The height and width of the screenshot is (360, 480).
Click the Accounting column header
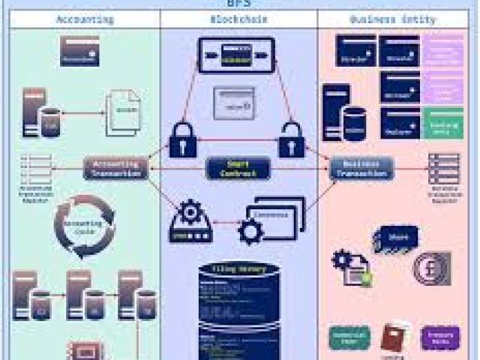point(85,19)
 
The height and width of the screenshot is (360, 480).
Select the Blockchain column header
point(239,19)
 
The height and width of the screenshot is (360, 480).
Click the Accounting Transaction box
point(115,168)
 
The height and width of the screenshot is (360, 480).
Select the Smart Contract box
point(238,168)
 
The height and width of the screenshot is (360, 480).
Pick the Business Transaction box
point(361,168)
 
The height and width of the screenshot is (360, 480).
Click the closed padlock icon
point(183,139)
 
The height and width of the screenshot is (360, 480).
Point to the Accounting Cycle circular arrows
point(84,226)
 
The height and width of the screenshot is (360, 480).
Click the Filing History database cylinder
point(239,307)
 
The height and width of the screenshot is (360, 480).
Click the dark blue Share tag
point(395,238)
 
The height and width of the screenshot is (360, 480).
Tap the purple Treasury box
point(440,338)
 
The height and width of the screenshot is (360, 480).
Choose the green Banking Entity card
point(443,122)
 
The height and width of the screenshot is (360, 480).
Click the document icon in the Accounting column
point(123,113)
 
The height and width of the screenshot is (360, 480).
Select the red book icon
point(394,337)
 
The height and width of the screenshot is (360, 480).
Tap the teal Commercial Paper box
point(349,338)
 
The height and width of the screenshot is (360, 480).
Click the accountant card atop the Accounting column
point(79,51)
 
